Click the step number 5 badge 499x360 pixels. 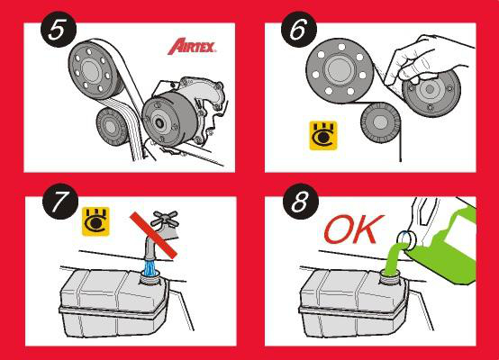(x=59, y=30)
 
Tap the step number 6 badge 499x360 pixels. (x=298, y=30)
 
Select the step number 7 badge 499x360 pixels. (x=60, y=202)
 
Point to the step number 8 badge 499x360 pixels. (x=301, y=202)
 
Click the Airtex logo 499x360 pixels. (x=192, y=47)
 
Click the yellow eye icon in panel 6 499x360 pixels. (x=323, y=136)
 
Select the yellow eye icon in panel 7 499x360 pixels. (x=95, y=221)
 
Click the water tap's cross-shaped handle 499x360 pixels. (x=164, y=219)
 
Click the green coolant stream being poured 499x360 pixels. (x=395, y=258)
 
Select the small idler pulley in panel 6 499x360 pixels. (x=380, y=122)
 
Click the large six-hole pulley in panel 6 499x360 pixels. (x=340, y=70)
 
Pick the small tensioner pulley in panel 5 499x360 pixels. (x=112, y=127)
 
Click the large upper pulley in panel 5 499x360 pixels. (x=94, y=69)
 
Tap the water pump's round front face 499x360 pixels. (x=160, y=122)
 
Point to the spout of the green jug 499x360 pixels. (x=406, y=239)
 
